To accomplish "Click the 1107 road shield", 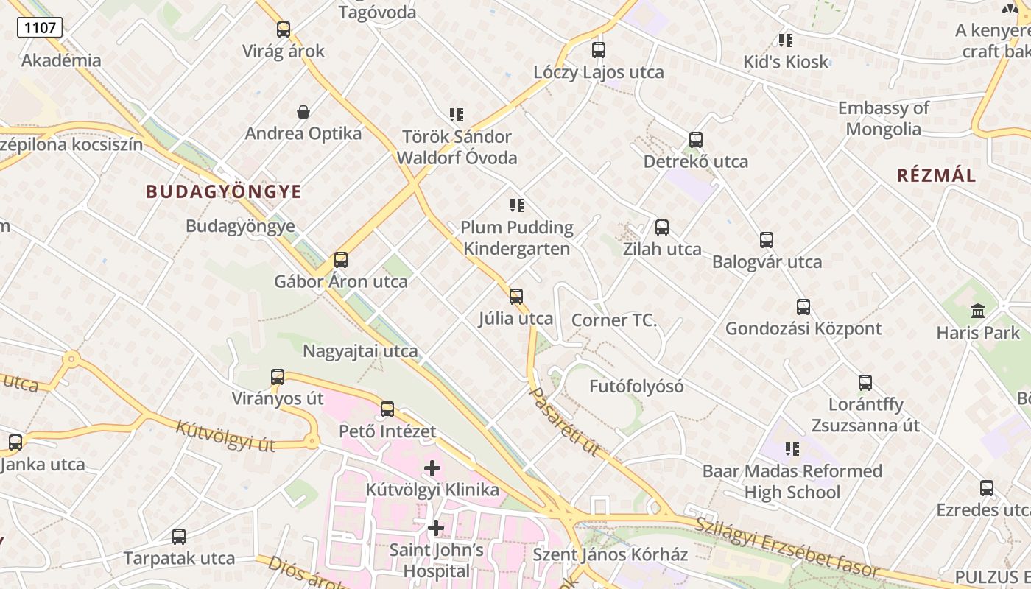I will pos(40,28).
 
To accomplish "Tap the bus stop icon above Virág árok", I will pos(284,29).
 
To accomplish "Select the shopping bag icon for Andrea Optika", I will pos(303,112).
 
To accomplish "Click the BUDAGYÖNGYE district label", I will pos(224,192).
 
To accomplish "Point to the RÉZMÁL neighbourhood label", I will pos(936,175).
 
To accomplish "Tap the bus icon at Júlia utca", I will pos(516,297).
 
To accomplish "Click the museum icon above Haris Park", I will pos(978,311).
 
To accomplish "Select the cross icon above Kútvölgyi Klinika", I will pos(432,468).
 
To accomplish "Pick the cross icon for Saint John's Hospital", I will pos(436,528).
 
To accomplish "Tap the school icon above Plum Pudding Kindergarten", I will pos(517,205).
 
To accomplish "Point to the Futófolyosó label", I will pos(636,387).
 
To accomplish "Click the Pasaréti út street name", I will pos(565,421).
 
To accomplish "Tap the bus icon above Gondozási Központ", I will pos(803,307).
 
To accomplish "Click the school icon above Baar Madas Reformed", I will pos(792,449).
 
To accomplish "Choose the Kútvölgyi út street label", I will pos(225,435).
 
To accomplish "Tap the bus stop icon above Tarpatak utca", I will pos(179,537).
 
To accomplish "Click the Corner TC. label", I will pos(614,321).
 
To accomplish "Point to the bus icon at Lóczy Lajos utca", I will pos(599,50).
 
